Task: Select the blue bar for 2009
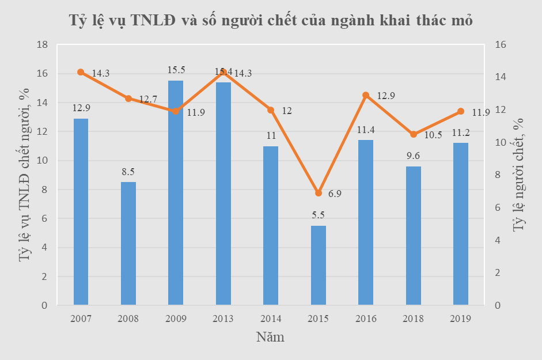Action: coord(176,193)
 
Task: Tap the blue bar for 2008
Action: coord(128,243)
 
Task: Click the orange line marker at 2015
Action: coord(319,193)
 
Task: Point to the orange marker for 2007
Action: coord(81,72)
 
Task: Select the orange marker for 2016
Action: coord(366,95)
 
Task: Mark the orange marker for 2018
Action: coord(414,134)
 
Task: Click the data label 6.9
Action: coord(335,194)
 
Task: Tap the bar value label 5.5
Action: coord(319,215)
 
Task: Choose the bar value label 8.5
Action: coord(128,171)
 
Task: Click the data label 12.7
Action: coord(148,99)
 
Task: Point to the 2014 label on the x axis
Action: coord(271,319)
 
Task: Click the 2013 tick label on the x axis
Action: coord(223,319)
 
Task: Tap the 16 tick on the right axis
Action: coord(500,45)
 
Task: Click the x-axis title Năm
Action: coord(270,337)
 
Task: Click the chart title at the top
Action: coord(271,21)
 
